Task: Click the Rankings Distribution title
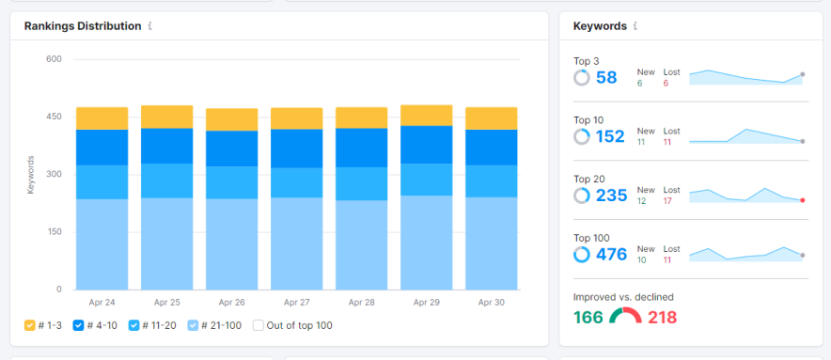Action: (x=83, y=26)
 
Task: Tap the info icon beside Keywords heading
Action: (x=635, y=26)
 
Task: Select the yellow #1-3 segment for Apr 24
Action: (x=102, y=117)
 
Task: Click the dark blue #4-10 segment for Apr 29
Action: (x=427, y=145)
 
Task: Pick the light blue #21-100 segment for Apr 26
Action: (x=231, y=243)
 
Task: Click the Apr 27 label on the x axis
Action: (x=296, y=303)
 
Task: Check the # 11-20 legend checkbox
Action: (x=133, y=325)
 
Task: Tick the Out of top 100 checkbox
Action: (x=258, y=325)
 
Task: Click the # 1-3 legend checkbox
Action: (x=30, y=325)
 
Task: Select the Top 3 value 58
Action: (x=606, y=77)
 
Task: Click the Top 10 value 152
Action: (x=610, y=136)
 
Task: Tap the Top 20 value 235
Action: (x=610, y=196)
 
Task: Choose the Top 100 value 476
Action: (x=610, y=254)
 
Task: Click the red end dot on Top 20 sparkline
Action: (x=802, y=200)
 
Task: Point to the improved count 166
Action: (x=588, y=317)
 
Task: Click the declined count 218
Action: (x=662, y=317)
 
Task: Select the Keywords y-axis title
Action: (x=31, y=174)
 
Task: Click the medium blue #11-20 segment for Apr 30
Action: (x=492, y=180)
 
